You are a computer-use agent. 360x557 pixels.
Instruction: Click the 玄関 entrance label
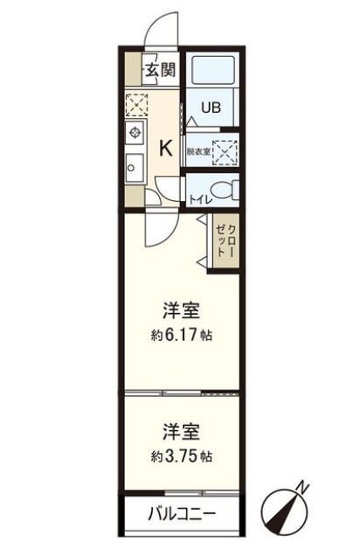tap(159, 69)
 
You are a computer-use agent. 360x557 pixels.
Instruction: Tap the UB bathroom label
tap(211, 109)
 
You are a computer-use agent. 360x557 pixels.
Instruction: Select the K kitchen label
tap(163, 149)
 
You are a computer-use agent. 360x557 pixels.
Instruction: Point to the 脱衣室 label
tap(197, 151)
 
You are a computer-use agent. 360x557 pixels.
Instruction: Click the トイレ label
tap(197, 198)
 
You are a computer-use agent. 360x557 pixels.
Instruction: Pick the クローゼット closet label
tap(226, 236)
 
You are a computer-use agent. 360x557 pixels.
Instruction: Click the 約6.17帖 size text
tap(182, 335)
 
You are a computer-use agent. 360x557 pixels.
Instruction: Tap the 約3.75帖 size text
tap(182, 456)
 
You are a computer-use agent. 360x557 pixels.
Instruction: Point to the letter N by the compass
tap(301, 486)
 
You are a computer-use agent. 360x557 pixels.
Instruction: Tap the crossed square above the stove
tap(136, 104)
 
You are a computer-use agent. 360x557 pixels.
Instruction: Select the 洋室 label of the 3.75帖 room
tap(182, 432)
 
